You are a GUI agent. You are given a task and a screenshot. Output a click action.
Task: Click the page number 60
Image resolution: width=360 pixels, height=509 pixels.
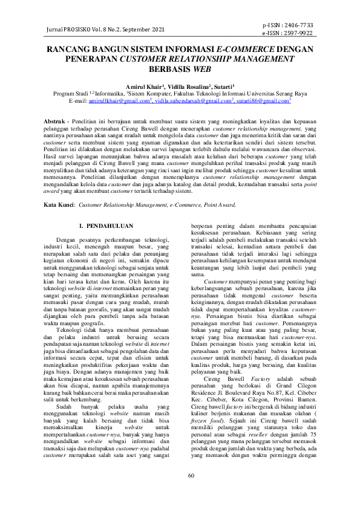point(191,476)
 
